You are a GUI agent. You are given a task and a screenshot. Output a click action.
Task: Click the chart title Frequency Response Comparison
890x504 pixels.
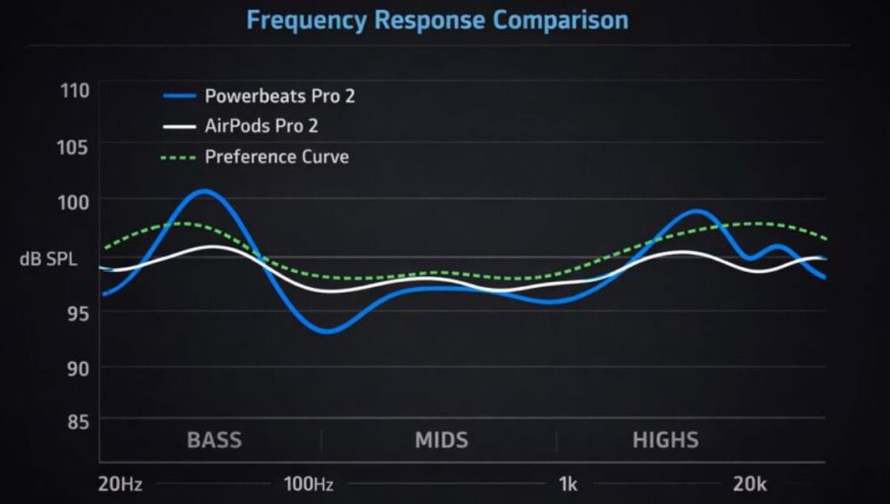coord(437,20)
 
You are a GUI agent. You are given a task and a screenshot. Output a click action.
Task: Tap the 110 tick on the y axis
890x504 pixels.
coord(73,90)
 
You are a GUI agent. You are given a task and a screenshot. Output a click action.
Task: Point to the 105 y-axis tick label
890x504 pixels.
coord(73,146)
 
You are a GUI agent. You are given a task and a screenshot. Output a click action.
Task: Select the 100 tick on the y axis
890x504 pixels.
coord(73,202)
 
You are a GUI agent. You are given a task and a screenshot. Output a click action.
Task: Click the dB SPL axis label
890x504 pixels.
coord(42,258)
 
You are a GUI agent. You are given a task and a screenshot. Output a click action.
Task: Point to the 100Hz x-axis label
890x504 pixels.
coord(308,484)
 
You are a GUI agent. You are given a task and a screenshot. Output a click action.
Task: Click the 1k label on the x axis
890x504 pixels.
coord(568,484)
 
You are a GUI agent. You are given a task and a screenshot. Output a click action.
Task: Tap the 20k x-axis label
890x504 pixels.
coord(748,484)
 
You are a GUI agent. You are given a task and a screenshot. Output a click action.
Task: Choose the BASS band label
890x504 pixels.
coord(214,440)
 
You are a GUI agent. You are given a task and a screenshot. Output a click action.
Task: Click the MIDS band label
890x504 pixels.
coord(441,440)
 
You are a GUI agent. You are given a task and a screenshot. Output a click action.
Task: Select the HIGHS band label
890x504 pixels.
coord(665,440)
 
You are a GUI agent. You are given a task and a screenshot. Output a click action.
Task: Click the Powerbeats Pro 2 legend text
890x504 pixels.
coord(279,96)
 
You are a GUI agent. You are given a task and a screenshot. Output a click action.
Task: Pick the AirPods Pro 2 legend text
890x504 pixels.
coord(261,126)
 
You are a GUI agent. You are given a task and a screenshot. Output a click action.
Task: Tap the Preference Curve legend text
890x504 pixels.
coord(276,157)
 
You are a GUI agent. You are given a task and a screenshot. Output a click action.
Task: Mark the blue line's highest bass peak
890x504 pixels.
coord(203,190)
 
